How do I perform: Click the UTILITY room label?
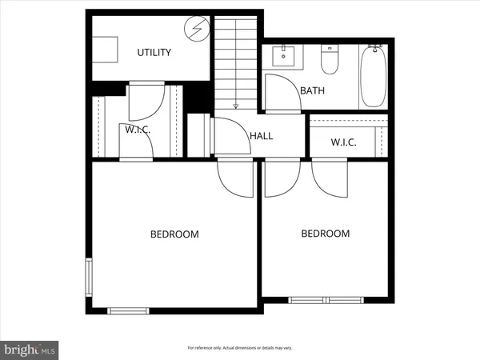point(154,53)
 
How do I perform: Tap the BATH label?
point(312,90)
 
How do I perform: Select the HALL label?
point(261,136)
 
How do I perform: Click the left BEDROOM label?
point(174,234)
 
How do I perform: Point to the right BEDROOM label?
point(325,234)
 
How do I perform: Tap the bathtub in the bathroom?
point(374,77)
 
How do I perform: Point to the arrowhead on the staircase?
point(236,105)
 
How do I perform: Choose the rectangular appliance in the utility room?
point(106,50)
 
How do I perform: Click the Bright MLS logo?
point(30,349)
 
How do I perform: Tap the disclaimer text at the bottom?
point(240,348)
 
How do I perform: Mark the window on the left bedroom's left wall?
point(89,277)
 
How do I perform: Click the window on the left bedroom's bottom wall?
point(126,309)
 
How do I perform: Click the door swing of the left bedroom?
point(236,180)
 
